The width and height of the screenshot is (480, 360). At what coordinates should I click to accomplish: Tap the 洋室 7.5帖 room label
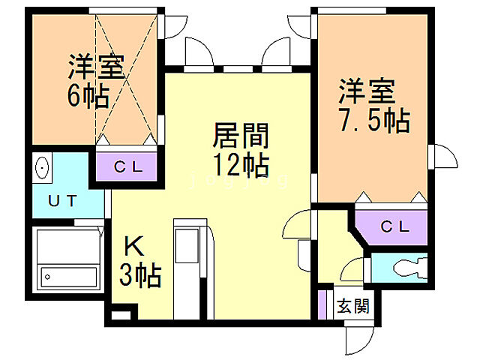(373, 105)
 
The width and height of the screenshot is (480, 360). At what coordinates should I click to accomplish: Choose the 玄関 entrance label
(352, 306)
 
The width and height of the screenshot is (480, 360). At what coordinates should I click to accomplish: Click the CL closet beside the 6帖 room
(124, 167)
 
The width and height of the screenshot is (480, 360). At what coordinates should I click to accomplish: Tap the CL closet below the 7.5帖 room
(393, 226)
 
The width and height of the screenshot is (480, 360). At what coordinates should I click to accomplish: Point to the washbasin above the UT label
(42, 166)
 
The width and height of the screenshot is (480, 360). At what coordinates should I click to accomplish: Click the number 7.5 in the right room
(362, 119)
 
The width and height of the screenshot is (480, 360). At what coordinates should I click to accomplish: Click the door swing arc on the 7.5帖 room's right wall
(445, 159)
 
